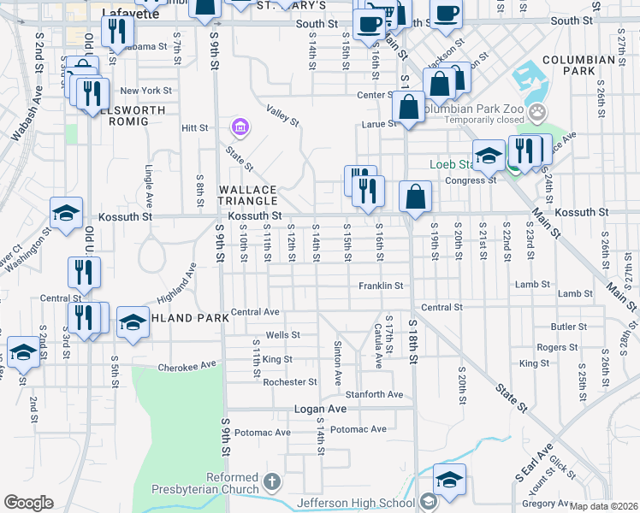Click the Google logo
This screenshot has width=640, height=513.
click(x=28, y=503)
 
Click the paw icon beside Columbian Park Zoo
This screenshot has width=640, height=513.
click(x=536, y=111)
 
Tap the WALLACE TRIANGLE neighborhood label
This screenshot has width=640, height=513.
click(x=248, y=195)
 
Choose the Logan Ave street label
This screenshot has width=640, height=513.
click(x=320, y=410)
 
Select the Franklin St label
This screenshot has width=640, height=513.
click(x=380, y=286)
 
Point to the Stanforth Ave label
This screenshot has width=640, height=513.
click(x=374, y=394)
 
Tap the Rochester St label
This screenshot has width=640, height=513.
click(x=290, y=382)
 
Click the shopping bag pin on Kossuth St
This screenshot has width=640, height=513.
click(x=415, y=197)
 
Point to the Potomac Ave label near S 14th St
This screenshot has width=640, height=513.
click(x=359, y=428)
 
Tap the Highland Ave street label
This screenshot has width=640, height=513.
click(x=177, y=284)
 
